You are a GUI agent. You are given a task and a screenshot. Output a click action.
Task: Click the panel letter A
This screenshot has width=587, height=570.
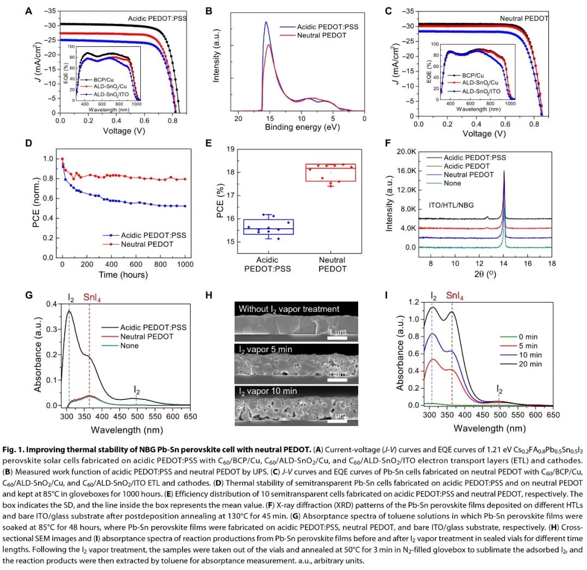coord(30,11)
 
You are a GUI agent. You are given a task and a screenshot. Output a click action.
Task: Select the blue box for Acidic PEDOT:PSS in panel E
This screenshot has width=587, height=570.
coord(263,227)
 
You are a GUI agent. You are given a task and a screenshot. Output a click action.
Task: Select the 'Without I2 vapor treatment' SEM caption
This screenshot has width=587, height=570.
coord(289,309)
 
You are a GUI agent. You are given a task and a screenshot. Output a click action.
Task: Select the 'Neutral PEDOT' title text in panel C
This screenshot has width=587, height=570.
coord(524,18)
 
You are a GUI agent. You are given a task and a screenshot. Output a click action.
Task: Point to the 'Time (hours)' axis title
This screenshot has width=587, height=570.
coord(123,274)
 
